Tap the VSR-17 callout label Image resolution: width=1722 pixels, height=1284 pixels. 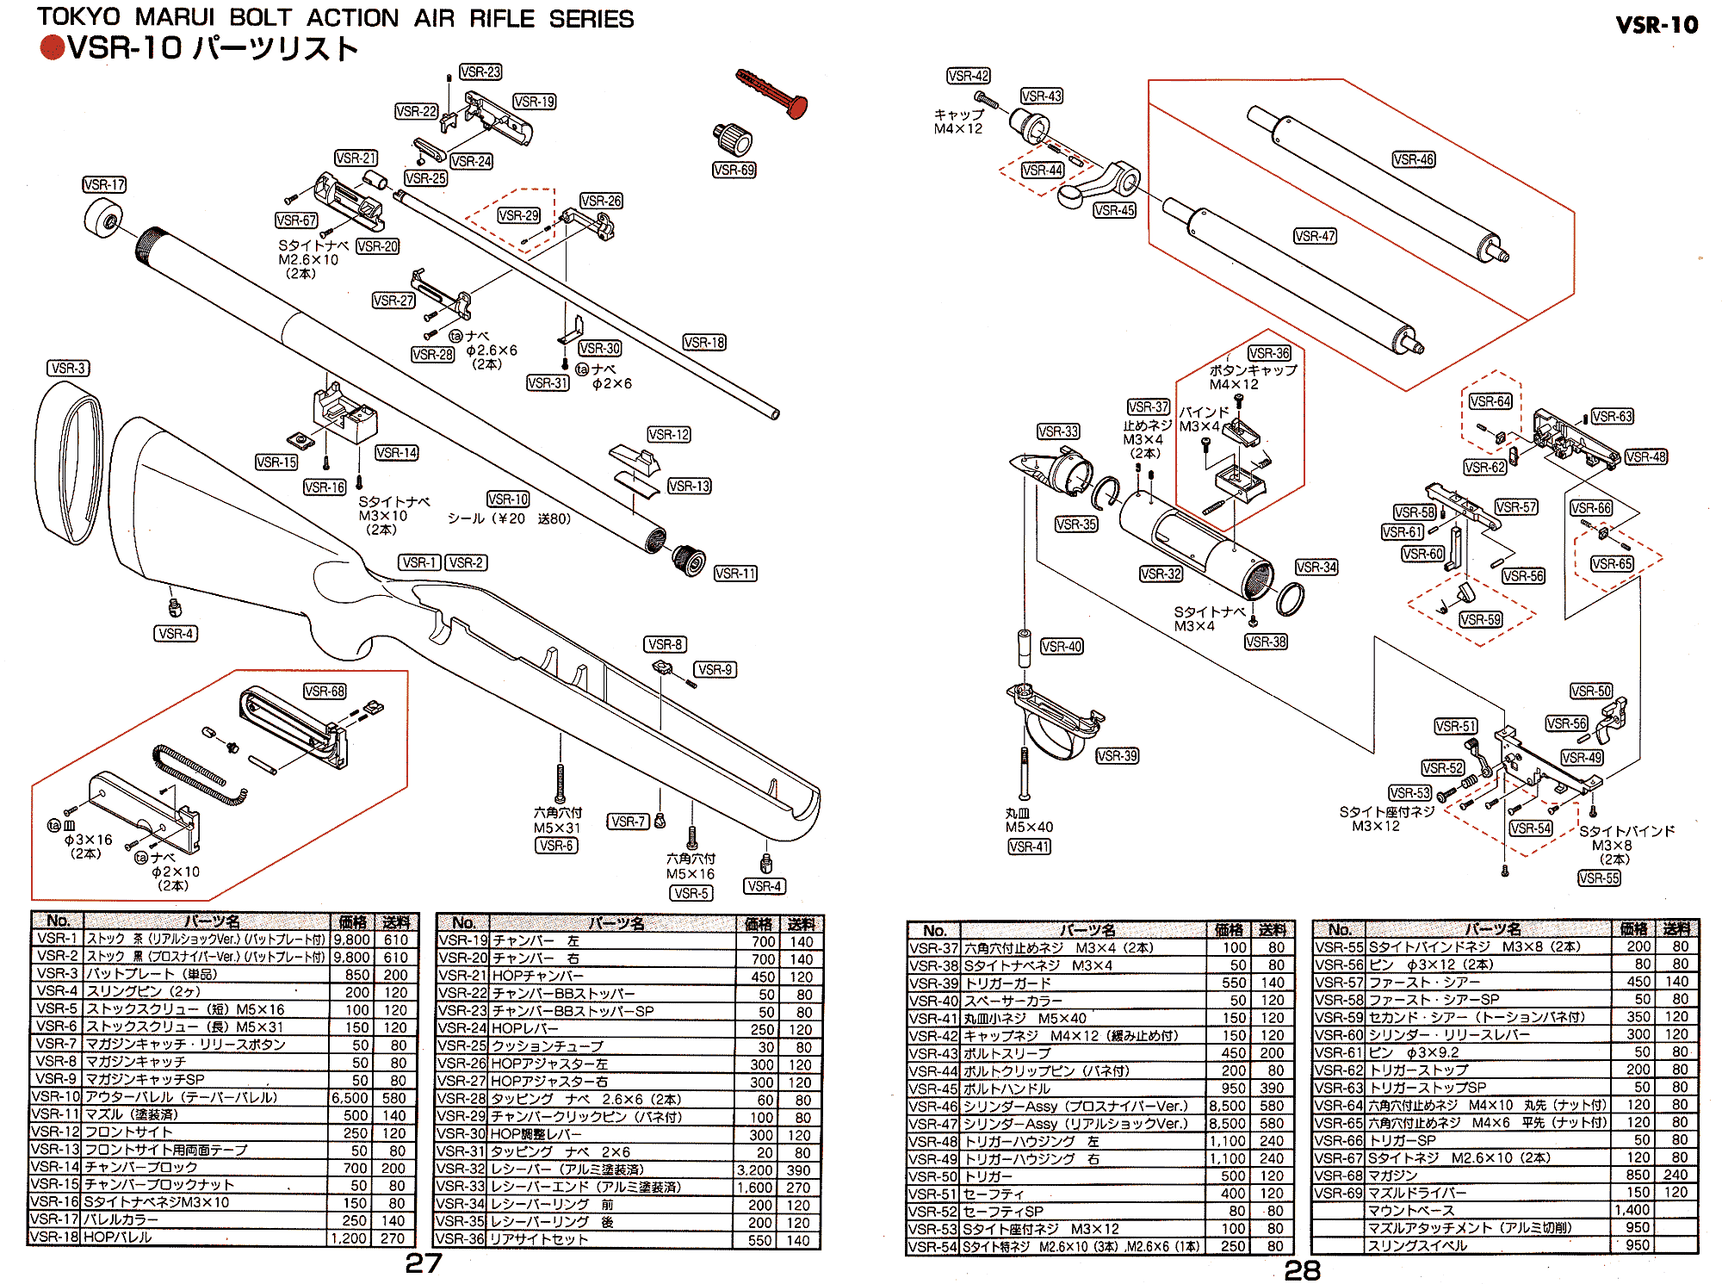pos(104,185)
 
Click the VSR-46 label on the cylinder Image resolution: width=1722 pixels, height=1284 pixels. pos(1414,159)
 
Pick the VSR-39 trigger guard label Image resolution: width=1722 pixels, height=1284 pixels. pos(1117,756)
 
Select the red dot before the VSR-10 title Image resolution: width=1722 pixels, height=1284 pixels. pos(52,48)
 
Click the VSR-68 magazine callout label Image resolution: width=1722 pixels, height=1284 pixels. pos(325,692)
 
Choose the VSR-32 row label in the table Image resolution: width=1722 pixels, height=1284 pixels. pos(462,1170)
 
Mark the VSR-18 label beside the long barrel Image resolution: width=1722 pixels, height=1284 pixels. pos(704,343)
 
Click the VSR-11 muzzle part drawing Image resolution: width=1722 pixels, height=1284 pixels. pos(689,560)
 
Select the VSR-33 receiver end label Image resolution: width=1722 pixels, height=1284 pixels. pos(1058,431)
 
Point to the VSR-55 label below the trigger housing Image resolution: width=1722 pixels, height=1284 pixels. pos(1599,878)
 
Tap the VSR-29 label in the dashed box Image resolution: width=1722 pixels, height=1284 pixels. pos(518,215)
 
